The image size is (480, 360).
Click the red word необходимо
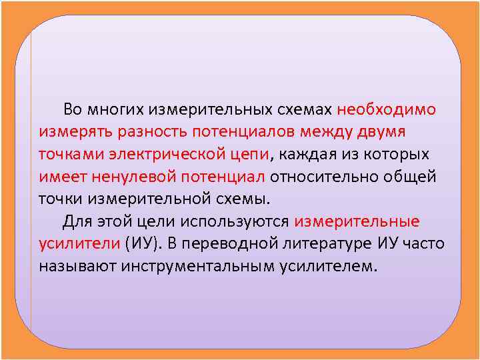coord(387,109)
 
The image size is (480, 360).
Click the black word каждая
coord(309,155)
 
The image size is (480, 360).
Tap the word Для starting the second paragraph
coord(77,221)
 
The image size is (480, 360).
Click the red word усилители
coord(79,244)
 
